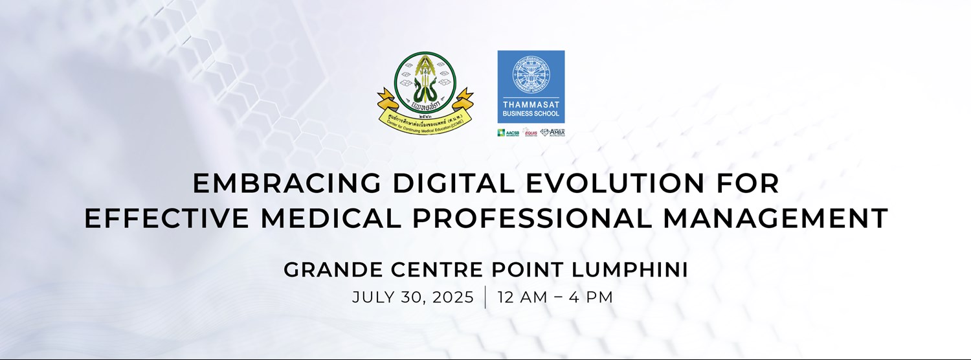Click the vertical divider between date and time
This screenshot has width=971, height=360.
485,298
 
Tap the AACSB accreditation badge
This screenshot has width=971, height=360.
508,133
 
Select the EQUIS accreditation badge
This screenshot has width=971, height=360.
531,133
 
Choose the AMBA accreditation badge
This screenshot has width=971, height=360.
553,133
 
